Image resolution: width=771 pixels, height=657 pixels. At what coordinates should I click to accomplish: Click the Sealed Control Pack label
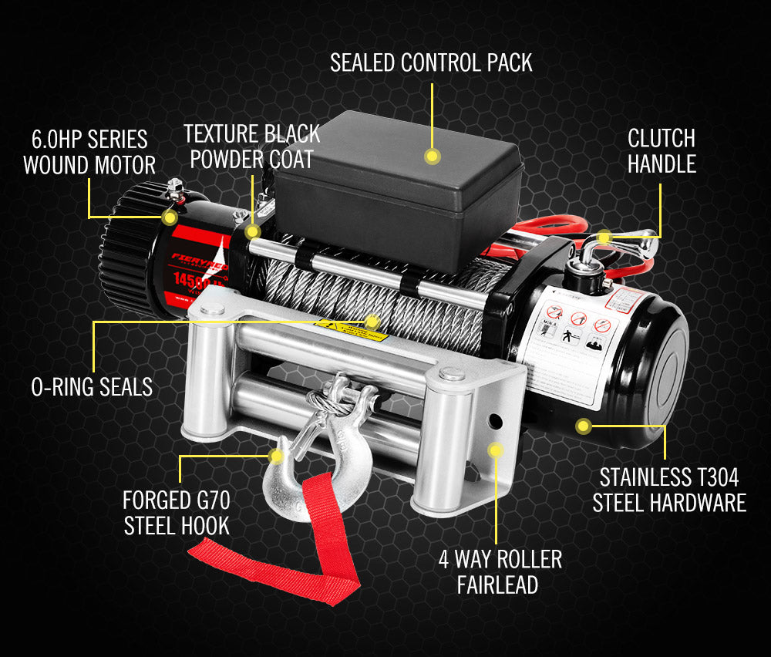tap(431, 62)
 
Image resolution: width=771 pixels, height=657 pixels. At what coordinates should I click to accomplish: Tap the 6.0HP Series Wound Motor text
tap(89, 152)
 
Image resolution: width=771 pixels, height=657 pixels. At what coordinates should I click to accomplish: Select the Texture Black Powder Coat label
tap(251, 146)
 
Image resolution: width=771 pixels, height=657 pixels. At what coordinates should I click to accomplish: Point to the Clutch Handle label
tap(662, 151)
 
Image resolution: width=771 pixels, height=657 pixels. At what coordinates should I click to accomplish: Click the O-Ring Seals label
tap(92, 386)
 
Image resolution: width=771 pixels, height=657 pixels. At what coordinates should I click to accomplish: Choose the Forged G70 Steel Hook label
tap(176, 513)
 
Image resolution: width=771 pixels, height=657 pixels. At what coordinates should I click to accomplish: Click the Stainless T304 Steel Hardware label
tap(669, 490)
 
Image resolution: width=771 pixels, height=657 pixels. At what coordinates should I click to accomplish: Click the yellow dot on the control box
tap(433, 157)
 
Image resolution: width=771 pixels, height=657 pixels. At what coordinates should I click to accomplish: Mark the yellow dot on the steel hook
tap(275, 457)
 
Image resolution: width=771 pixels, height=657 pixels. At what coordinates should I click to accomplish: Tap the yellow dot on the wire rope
tap(372, 319)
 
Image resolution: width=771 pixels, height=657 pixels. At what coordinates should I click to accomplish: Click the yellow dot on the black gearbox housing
tap(584, 425)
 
